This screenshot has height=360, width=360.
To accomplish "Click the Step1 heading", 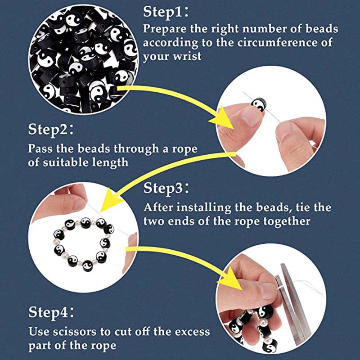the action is coord(166,12).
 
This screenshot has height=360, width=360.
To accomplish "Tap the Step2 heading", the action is coord(51,129).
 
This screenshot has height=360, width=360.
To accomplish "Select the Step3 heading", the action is coord(166,188).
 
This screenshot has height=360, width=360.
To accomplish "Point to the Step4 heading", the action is coord(51,312).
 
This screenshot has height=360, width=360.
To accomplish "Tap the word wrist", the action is coord(187,56).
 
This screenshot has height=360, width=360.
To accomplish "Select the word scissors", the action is coord(75,332).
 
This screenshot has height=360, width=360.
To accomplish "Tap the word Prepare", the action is coord(165,29).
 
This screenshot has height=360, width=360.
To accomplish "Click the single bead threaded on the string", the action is coord(259,104).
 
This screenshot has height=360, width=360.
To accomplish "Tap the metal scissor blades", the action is coord(294,303).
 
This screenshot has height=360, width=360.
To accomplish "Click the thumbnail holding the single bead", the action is coord(251,116).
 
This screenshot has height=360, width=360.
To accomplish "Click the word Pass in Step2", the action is coord(40,148).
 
